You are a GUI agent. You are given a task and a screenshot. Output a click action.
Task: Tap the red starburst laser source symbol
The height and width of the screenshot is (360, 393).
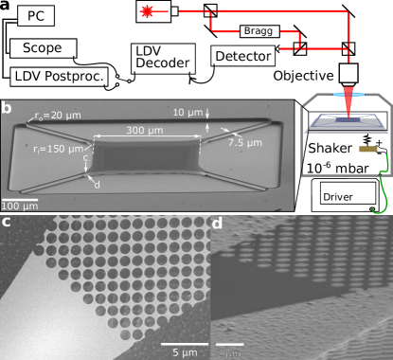click(147, 11)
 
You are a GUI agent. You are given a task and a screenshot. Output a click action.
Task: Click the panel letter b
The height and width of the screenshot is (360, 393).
click(7, 108)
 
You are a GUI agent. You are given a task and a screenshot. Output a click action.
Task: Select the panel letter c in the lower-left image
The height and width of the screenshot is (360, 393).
click(6, 223)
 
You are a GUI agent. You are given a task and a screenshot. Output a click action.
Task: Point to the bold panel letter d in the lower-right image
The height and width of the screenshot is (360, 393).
click(217, 224)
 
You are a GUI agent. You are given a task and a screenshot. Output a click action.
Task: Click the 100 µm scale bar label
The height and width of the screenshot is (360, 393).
click(19, 206)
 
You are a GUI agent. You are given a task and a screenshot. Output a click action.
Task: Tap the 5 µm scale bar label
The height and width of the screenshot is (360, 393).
click(180, 351)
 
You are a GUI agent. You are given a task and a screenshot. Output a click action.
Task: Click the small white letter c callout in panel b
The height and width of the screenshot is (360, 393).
click(85, 159)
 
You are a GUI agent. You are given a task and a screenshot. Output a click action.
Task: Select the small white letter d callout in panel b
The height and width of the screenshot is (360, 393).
click(98, 184)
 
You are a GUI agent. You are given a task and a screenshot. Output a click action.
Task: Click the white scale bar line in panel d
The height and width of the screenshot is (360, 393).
click(230, 344)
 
